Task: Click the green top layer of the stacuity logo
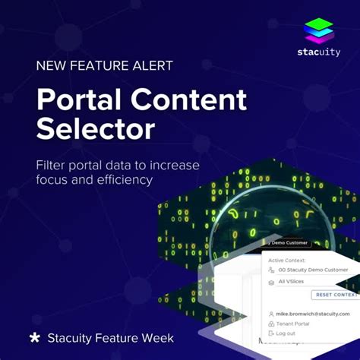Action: tap(320, 24)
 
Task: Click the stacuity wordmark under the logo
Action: tap(320, 54)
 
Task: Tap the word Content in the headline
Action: tap(189, 100)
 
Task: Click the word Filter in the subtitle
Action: tap(54, 165)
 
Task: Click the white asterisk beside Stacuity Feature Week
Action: tap(34, 337)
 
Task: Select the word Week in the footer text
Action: tap(156, 337)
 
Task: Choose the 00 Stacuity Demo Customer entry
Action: tap(313, 270)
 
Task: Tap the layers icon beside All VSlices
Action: tap(272, 282)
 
